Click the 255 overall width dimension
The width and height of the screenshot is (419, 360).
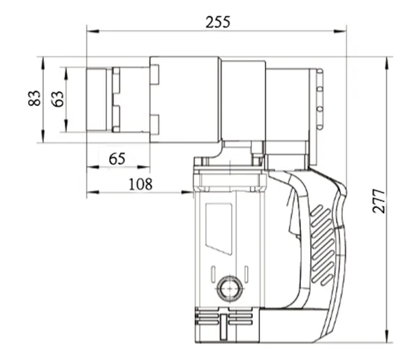click(x=218, y=22)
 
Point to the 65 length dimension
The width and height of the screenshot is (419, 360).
click(x=117, y=158)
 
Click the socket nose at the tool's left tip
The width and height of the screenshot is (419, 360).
click(x=98, y=98)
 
